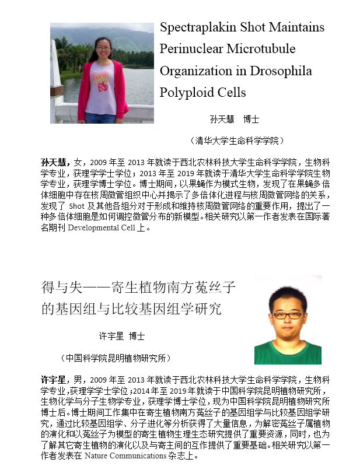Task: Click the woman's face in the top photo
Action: [103, 47]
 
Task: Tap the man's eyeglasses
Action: [287, 315]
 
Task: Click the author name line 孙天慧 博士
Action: [234, 119]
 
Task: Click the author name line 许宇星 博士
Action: [121, 337]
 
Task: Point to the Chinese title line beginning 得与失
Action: [138, 287]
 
